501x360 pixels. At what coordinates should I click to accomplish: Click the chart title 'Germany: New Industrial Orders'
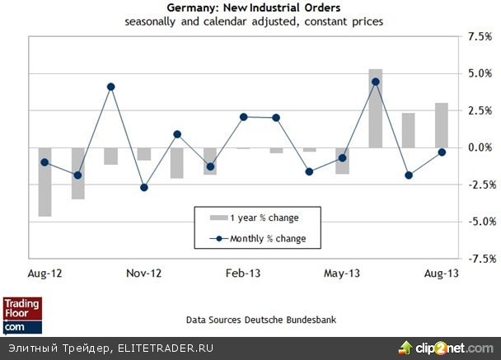[252, 7]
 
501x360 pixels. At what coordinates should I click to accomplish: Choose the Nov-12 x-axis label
[144, 272]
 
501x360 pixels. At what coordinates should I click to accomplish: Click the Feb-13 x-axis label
[243, 272]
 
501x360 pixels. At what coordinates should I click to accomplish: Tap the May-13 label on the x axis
[342, 272]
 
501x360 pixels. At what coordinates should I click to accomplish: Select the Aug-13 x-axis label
[441, 272]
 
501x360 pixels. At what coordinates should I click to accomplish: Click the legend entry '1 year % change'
[253, 218]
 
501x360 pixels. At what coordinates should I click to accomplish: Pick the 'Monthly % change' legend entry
[253, 239]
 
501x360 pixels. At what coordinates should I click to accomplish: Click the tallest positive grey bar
[375, 108]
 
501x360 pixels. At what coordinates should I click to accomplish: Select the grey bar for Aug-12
[44, 182]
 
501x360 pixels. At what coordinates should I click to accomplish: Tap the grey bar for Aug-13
[442, 125]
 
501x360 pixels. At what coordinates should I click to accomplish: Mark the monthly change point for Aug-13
[442, 152]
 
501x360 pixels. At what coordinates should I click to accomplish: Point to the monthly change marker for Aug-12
[44, 162]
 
